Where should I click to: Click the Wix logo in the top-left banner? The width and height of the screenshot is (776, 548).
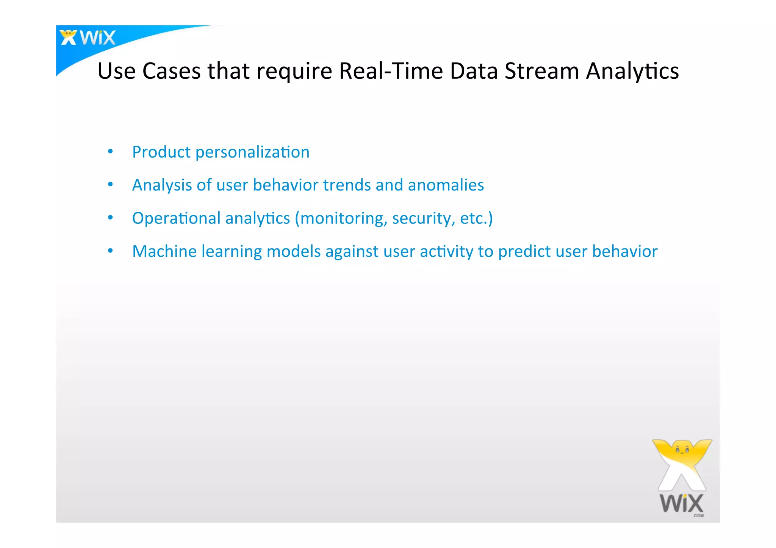(88, 37)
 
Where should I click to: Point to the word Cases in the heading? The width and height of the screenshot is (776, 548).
(171, 71)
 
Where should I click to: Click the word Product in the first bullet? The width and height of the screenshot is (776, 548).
(161, 152)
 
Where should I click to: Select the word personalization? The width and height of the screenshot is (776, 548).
(252, 153)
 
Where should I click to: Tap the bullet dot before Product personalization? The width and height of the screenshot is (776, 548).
(110, 152)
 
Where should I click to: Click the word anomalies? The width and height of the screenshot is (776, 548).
(446, 185)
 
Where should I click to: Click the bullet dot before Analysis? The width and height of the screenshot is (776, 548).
(110, 185)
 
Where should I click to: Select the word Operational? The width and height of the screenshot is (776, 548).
(176, 219)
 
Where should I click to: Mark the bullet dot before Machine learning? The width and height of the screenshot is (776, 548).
(110, 251)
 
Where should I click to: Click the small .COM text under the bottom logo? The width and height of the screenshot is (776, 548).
(698, 516)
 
